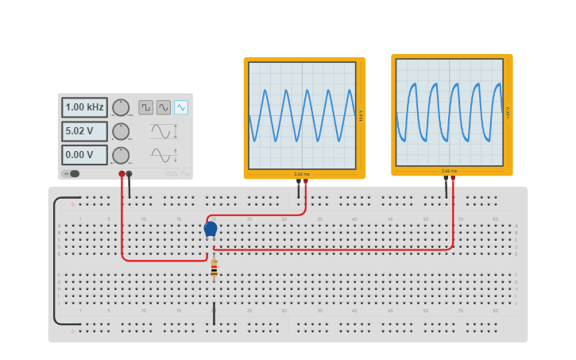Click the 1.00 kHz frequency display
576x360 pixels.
84,107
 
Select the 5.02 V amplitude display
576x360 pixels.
84,131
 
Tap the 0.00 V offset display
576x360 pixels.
84,155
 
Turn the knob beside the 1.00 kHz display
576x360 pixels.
121,107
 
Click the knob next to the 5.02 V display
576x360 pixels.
121,131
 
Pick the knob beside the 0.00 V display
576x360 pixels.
121,155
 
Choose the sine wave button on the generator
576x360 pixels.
164,107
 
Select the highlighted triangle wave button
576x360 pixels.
182,107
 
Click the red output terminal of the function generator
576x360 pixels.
122,173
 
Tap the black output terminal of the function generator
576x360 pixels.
130,173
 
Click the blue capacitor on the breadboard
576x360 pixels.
211,229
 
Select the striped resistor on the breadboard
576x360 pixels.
214,270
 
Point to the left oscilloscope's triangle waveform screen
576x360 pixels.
302,115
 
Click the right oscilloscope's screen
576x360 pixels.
450,111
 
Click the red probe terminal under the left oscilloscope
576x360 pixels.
306,181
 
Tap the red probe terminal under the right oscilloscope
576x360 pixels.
454,179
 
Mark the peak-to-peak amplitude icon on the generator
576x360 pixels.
163,131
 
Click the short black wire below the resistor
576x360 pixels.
214,313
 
